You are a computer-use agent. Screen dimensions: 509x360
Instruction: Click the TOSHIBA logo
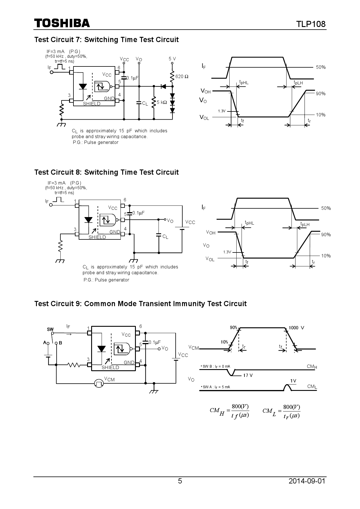62,23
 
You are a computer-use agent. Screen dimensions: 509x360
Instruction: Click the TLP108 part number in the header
311,24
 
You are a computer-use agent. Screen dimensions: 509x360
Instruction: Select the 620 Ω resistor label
182,77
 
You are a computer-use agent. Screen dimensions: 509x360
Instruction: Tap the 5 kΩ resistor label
162,102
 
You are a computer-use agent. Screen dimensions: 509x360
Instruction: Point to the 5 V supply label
172,59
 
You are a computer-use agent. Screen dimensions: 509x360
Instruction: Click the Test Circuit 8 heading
106,172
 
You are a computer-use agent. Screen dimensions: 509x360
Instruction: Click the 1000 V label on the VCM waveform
296,328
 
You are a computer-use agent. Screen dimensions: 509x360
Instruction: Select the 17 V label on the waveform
248,375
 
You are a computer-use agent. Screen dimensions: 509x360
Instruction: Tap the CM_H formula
229,411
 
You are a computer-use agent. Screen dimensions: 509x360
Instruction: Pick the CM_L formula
281,411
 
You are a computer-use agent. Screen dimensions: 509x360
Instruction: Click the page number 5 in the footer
180,481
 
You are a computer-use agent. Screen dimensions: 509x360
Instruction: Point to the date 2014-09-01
307,481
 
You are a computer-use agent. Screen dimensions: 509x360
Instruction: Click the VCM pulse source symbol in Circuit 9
99,383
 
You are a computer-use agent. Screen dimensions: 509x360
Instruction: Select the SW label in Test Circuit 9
50,329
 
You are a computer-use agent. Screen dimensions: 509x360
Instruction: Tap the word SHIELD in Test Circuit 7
92,104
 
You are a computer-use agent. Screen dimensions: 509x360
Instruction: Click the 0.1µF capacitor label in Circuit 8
138,213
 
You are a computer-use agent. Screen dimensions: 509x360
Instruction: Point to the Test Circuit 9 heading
140,304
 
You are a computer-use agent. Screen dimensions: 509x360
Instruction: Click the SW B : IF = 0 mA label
215,366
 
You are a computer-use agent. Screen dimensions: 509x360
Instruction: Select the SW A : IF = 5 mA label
215,387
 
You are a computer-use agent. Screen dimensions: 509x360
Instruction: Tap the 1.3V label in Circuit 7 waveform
222,111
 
